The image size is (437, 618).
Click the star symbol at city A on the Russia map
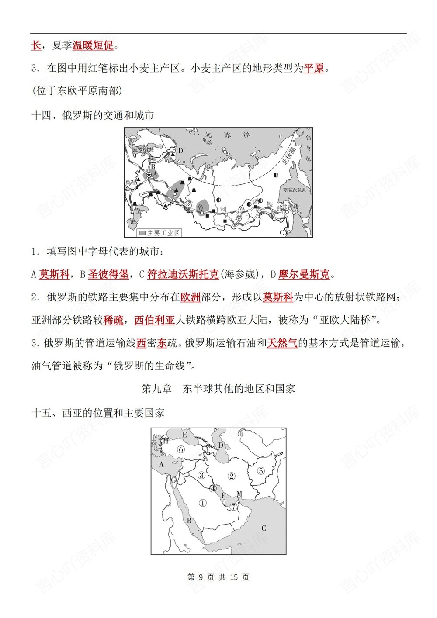click(149, 175)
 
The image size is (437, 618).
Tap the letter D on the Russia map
click(180, 151)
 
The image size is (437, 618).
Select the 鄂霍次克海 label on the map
click(295, 190)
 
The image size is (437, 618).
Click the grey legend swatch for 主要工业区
click(142, 233)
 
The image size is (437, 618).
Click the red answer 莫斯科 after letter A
click(54, 274)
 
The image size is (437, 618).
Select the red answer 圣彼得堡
click(108, 274)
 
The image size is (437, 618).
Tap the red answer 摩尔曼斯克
click(304, 274)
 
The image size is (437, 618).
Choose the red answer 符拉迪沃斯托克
click(183, 274)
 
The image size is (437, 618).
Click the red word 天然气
click(282, 343)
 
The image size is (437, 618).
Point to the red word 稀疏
click(113, 320)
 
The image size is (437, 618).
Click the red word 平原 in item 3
click(314, 68)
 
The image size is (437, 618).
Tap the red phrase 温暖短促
click(93, 45)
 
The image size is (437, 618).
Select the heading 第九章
click(156, 389)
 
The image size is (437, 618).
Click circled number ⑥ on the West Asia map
click(180, 449)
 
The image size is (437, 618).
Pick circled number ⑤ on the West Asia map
click(260, 471)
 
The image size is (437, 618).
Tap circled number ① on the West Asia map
click(202, 503)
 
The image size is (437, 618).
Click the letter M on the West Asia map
click(239, 494)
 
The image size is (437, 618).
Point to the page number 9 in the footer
click(201, 577)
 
